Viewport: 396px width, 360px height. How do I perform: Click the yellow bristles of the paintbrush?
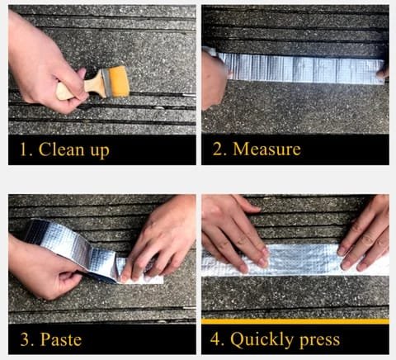(x=119, y=82)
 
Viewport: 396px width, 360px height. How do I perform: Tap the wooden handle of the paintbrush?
(x=80, y=88)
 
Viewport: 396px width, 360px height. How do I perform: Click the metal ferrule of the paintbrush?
(x=106, y=83)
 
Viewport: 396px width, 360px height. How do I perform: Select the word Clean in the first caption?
(x=61, y=149)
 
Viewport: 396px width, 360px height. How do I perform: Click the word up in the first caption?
(x=100, y=151)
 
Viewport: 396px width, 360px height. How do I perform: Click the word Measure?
(x=266, y=149)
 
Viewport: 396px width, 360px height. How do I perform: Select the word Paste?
(x=61, y=339)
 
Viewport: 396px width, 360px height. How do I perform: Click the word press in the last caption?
(x=319, y=341)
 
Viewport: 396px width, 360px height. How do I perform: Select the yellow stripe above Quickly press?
(x=295, y=321)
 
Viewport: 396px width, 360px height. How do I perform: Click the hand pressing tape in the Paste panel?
(x=163, y=237)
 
